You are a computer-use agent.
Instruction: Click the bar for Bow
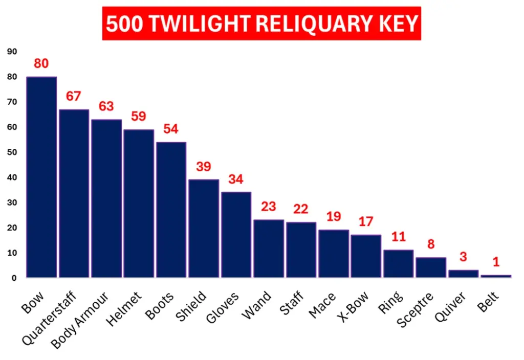[41, 177]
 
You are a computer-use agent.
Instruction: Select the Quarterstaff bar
[74, 193]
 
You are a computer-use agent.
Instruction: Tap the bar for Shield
[204, 229]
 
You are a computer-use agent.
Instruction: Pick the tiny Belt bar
[496, 276]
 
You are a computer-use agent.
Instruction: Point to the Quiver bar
[464, 274]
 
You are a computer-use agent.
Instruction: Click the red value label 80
[41, 63]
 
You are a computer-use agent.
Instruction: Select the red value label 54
[171, 129]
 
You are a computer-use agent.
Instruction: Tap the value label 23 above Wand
[268, 207]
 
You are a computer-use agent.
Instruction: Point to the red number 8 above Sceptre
[431, 244]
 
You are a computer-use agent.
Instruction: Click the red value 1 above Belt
[496, 261]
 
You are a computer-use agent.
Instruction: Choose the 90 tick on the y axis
[12, 52]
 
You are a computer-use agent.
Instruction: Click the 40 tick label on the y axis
[12, 177]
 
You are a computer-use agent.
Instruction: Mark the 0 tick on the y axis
[14, 278]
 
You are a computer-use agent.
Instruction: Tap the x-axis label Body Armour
[80, 321]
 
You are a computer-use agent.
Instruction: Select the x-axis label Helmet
[124, 309]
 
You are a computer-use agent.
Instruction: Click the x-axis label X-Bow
[353, 307]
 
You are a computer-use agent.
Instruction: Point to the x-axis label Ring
[390, 302]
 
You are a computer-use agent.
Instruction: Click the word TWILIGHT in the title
[200, 24]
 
